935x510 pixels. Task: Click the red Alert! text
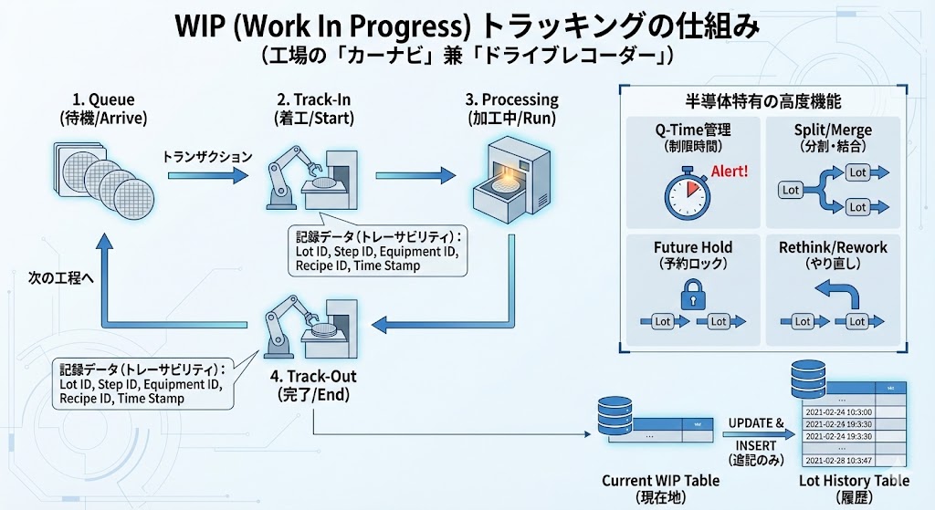point(729,171)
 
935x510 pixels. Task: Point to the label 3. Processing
point(511,100)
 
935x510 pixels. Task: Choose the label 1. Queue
point(103,100)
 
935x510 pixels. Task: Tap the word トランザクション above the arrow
point(207,156)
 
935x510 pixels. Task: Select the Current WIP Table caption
point(660,480)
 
